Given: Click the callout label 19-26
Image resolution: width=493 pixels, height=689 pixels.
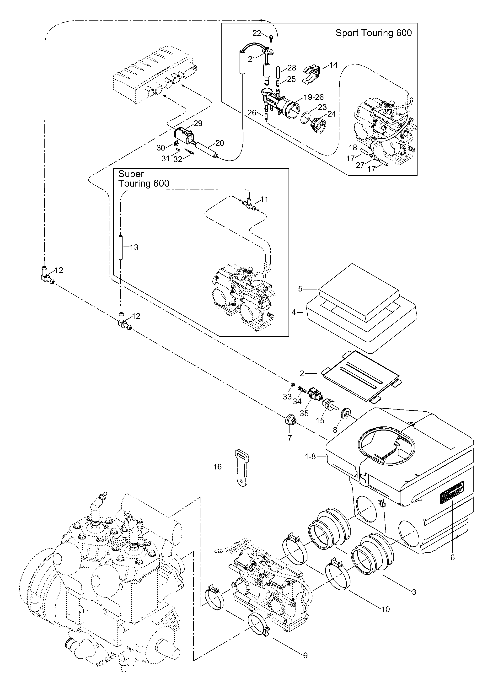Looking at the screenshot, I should (314, 97).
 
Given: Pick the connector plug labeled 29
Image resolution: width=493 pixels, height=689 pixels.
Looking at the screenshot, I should (183, 135).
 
